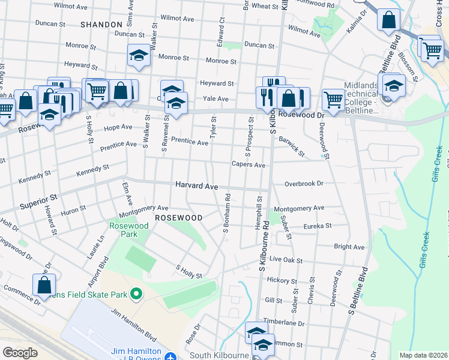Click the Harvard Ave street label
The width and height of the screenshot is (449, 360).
[x=196, y=186]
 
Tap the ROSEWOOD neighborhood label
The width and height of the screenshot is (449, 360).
[x=178, y=217]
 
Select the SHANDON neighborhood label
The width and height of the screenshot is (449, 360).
[x=101, y=24]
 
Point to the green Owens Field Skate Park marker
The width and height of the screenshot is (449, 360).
[x=136, y=294]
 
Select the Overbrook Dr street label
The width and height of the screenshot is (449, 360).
[x=304, y=184]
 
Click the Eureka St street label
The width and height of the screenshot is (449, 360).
[x=318, y=226]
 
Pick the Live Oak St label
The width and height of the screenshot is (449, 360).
[x=290, y=259]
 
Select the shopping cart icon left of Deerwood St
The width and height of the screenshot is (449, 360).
[x=333, y=99]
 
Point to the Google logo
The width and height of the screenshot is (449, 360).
[x=20, y=353]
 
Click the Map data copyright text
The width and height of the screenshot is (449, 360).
[x=423, y=355]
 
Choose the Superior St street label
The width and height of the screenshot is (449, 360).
[x=38, y=197]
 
